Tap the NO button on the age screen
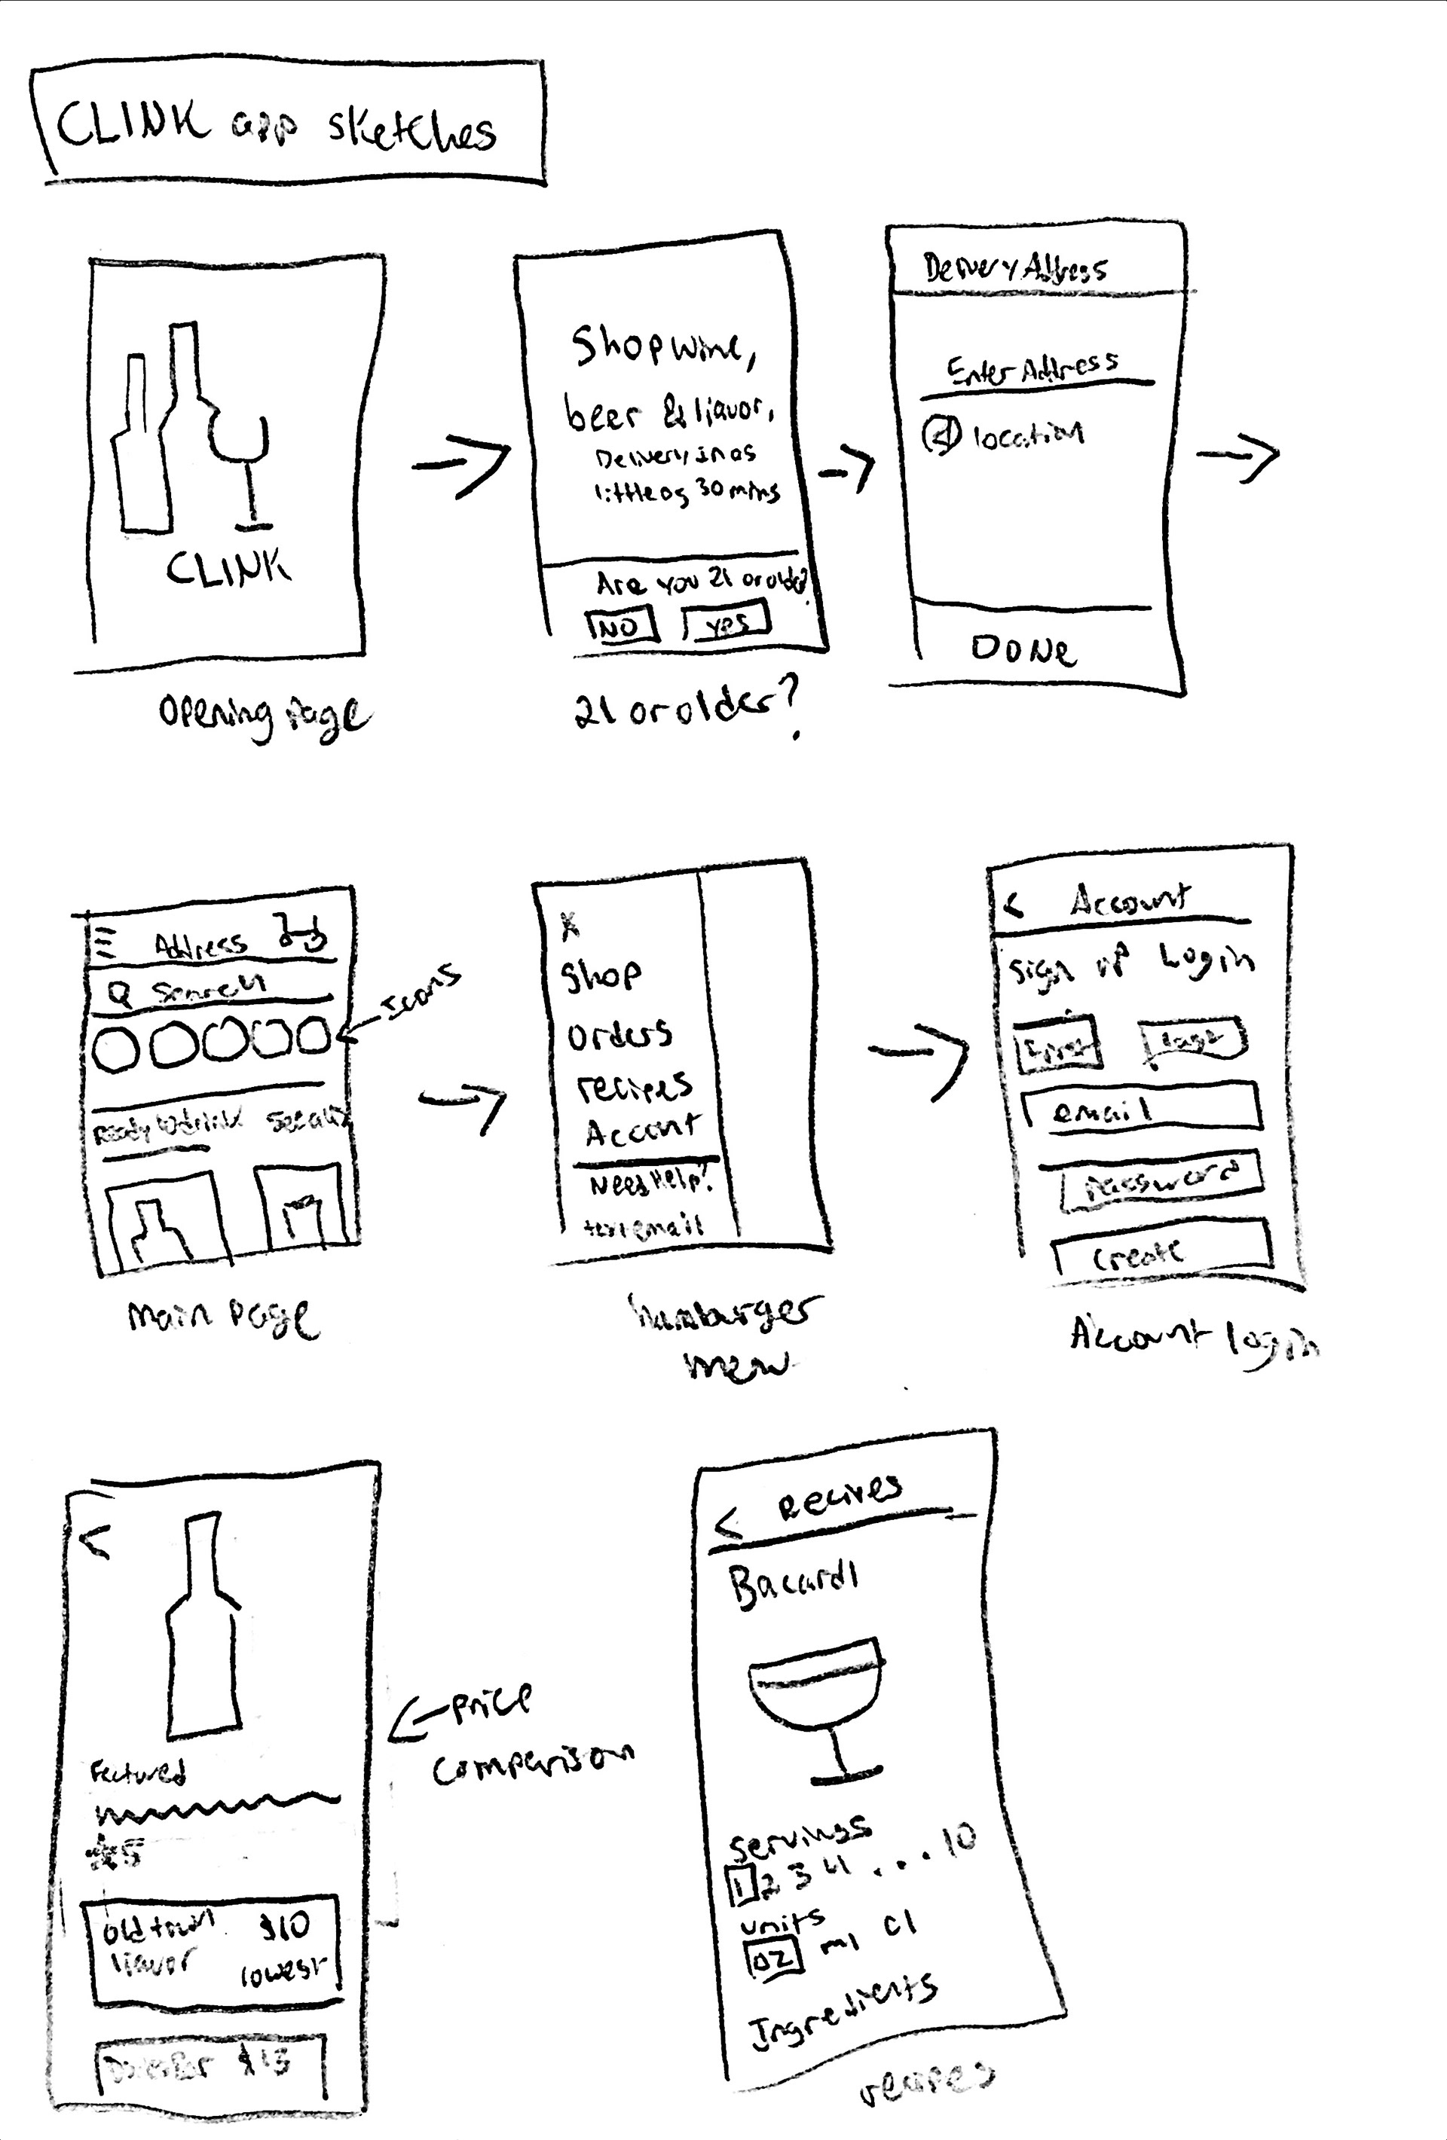pos(622,626)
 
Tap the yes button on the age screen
pos(727,622)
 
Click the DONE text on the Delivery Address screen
pos(1023,650)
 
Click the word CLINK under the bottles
pos(228,568)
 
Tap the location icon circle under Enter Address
pos(941,435)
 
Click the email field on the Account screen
pos(1142,1109)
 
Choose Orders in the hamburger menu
pos(618,1036)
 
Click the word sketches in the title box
pos(411,132)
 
